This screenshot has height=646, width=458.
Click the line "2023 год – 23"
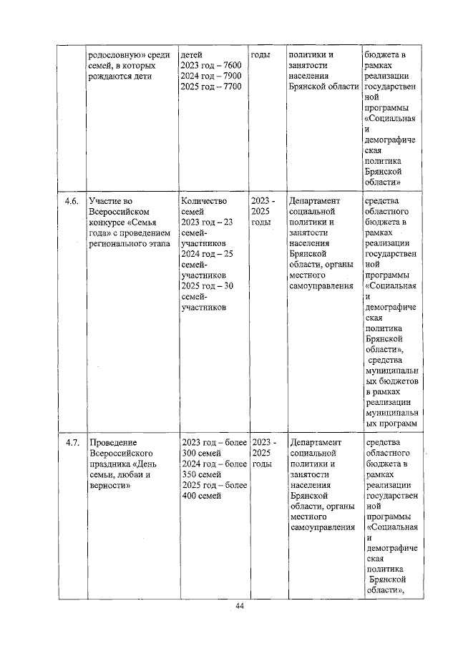(208, 222)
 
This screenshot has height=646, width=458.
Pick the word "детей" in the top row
(193, 54)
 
